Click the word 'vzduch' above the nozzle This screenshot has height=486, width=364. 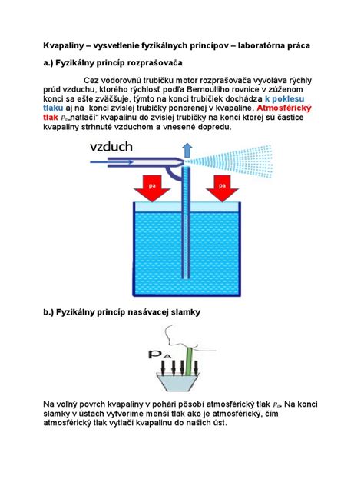(111, 147)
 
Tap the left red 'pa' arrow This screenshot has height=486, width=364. (152, 188)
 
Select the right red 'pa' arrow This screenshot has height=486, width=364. (222, 188)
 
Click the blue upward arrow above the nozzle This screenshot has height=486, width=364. (187, 151)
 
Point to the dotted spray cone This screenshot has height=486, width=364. (230, 161)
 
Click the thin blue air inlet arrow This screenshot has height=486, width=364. (111, 161)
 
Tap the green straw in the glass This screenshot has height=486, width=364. (188, 361)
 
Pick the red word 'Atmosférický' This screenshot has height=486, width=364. (284, 108)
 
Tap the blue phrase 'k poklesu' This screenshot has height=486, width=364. (284, 99)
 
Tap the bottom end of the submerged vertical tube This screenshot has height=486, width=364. (186, 278)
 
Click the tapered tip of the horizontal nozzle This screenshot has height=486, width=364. (180, 161)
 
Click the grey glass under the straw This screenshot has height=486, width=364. (178, 382)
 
